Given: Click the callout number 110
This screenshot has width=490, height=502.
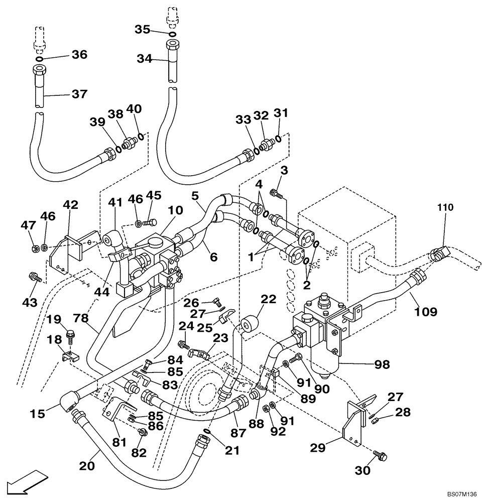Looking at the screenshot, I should click(444, 206).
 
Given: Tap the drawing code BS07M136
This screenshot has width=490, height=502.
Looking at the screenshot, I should click(463, 494).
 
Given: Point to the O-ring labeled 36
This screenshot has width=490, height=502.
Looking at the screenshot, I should click(38, 58).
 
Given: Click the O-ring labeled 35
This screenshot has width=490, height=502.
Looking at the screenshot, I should click(172, 34).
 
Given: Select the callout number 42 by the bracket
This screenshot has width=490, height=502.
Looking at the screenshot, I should click(71, 204).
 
